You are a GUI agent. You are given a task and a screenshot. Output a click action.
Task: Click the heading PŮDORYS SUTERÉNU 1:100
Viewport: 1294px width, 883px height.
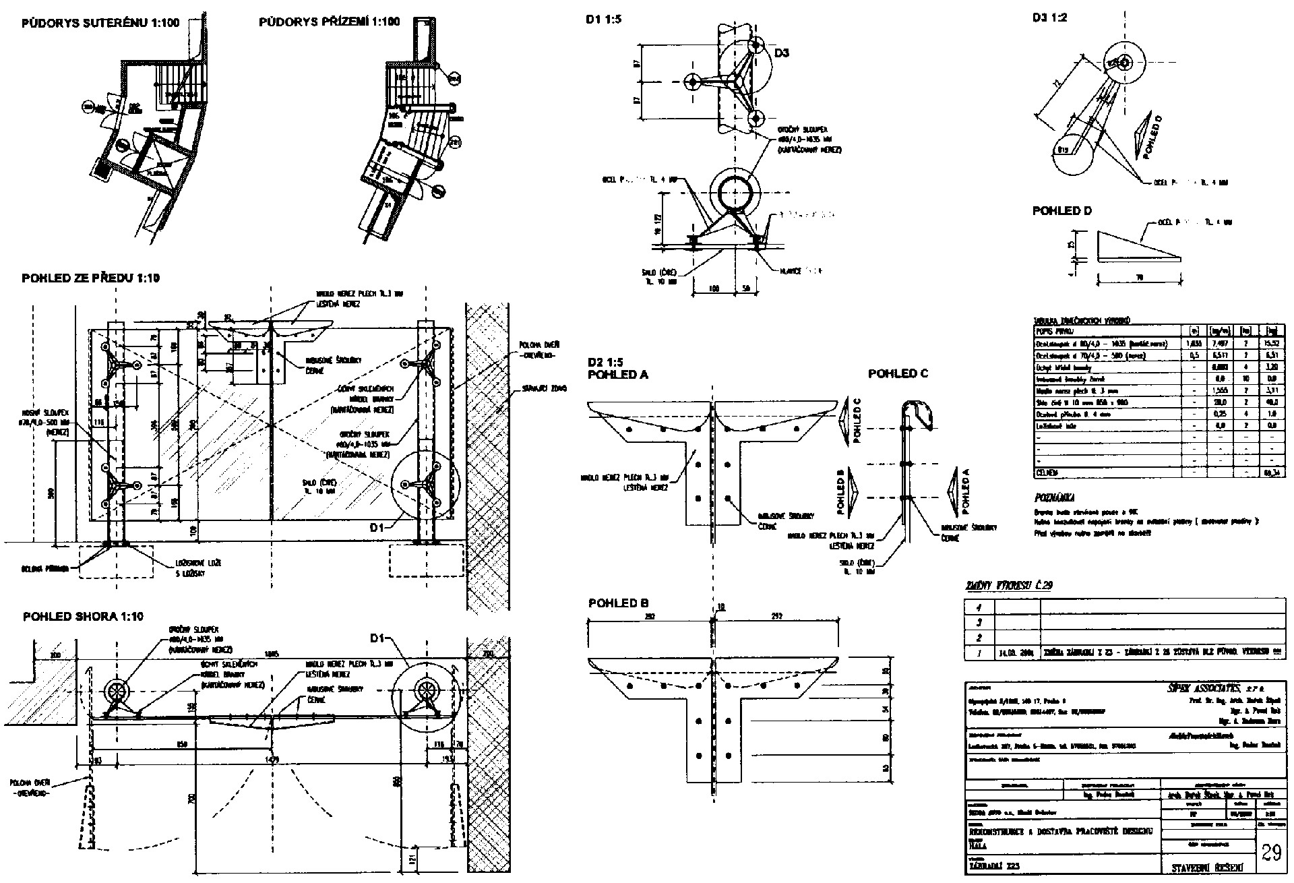tap(100, 23)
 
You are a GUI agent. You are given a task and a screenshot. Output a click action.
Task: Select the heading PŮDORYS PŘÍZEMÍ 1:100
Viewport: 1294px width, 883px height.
tap(329, 22)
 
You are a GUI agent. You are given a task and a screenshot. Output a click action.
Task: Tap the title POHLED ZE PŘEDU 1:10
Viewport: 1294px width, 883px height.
tap(91, 278)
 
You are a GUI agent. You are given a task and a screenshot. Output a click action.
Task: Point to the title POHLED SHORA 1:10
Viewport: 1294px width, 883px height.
tap(83, 617)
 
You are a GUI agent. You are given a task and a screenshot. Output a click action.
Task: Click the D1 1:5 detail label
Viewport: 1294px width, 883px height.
tap(603, 20)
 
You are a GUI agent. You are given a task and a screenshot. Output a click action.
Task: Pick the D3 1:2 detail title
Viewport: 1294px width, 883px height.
tap(1049, 18)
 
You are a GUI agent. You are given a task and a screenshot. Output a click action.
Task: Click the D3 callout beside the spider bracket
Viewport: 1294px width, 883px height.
tap(781, 53)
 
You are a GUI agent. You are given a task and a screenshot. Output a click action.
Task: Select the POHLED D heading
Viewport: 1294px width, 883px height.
tap(1061, 211)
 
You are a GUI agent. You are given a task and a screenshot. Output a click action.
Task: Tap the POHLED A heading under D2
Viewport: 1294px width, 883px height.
tap(618, 375)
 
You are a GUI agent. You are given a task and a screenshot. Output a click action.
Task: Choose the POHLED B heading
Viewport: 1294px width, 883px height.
tap(618, 603)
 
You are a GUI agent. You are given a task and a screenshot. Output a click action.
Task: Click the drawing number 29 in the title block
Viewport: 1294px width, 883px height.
tap(1270, 853)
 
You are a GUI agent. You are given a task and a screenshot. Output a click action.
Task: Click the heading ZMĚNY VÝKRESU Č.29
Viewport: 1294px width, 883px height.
tap(1009, 585)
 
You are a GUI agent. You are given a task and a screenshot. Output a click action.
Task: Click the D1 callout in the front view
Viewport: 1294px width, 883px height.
tap(378, 528)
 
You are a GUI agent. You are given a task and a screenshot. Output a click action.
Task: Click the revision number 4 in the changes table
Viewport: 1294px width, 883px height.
tap(979, 607)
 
